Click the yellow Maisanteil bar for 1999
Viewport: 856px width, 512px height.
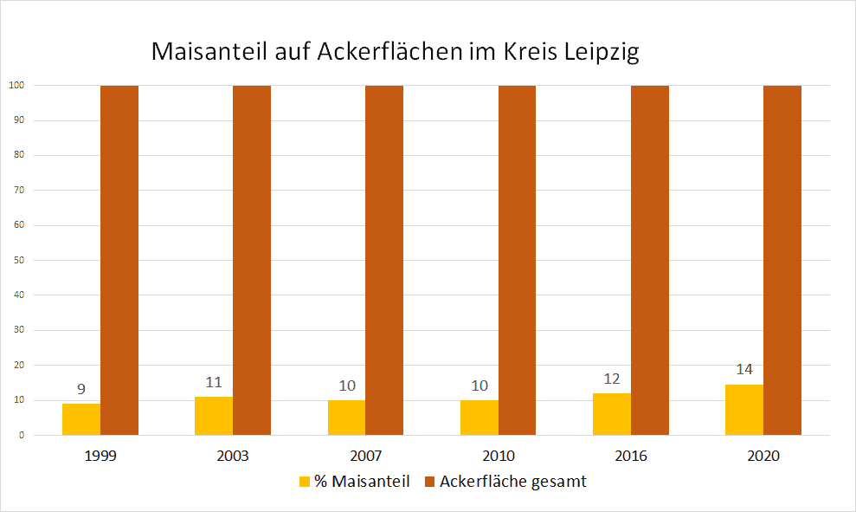pos(81,419)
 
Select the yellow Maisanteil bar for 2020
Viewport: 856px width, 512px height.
pos(744,410)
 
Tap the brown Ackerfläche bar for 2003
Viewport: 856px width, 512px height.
pos(252,260)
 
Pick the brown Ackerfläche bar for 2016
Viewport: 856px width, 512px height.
pos(650,260)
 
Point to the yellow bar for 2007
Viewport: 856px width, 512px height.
pos(346,418)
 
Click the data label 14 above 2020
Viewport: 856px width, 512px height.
pos(744,369)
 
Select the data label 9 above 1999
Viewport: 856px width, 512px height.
pos(81,388)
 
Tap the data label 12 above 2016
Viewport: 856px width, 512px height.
pos(612,379)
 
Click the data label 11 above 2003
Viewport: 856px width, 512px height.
pos(214,382)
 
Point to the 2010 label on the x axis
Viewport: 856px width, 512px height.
pos(499,456)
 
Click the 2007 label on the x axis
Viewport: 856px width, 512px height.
pos(365,456)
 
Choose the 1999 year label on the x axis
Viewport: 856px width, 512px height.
pos(100,456)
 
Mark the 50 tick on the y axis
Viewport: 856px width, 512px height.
pos(17,260)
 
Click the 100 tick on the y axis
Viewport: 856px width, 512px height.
pos(16,86)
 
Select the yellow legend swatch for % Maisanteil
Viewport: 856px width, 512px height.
pos(304,482)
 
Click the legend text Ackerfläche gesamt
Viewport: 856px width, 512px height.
pos(512,482)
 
